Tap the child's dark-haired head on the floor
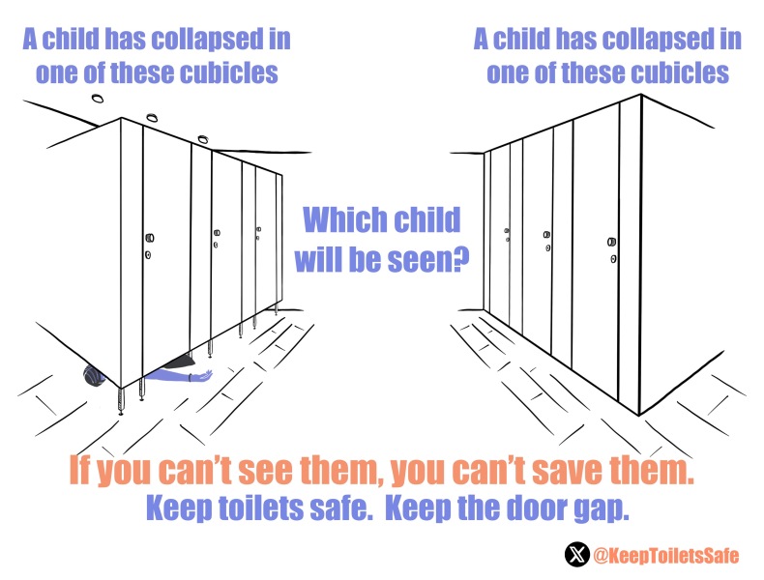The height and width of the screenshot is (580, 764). pos(94,375)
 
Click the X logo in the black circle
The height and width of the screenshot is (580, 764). pos(577,555)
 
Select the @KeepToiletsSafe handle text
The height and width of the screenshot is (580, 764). pos(665,555)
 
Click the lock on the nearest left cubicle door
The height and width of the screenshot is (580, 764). pos(149,246)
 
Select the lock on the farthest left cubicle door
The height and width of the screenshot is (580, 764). pos(258,232)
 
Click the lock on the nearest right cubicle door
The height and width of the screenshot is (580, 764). pos(612,249)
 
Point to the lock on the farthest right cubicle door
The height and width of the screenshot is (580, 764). pos(507,235)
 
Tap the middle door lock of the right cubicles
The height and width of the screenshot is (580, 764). pos(547,241)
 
